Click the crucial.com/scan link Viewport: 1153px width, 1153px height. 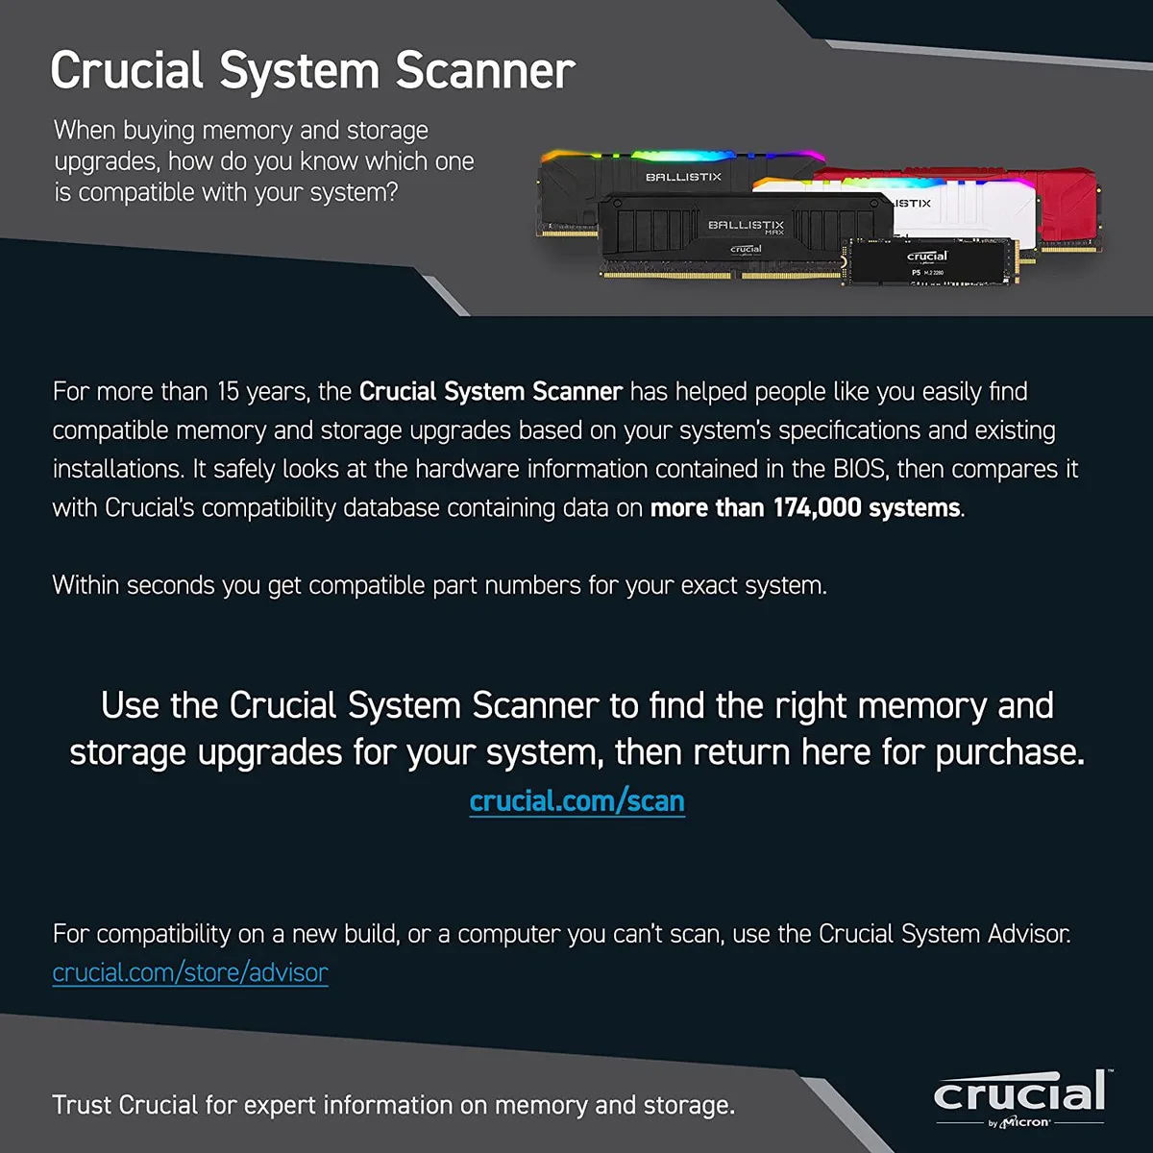[576, 801]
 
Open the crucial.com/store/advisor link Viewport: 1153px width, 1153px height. [190, 973]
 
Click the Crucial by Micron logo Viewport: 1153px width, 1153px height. [1020, 1099]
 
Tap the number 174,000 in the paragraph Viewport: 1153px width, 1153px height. [817, 508]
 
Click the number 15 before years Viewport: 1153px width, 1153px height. [228, 391]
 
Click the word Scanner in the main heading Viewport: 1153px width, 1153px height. [485, 70]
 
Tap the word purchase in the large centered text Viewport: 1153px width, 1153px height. [1010, 753]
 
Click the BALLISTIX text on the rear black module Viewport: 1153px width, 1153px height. [683, 177]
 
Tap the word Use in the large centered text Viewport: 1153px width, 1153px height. [130, 705]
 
